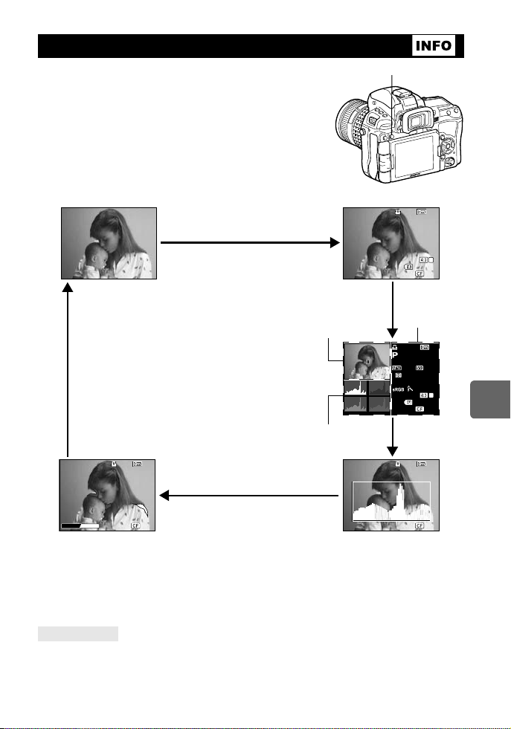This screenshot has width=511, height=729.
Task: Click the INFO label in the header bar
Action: coord(434,45)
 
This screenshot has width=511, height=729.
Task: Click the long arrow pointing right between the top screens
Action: coord(245,241)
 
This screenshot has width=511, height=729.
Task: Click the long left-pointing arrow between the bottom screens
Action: coord(245,496)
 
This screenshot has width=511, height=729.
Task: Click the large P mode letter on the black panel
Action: coord(396,355)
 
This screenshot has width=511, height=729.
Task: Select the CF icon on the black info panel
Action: coord(420,409)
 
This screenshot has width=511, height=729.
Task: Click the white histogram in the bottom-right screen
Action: coord(391,505)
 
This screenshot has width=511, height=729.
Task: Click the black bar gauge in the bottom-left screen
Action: coord(80,525)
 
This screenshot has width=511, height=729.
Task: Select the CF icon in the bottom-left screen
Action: coord(136,525)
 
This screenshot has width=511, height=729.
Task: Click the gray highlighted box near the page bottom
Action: coord(78,633)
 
